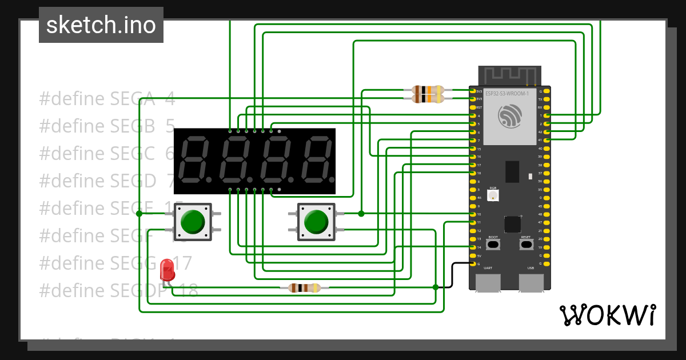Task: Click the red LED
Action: click(x=167, y=269)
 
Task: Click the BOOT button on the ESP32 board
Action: click(x=493, y=245)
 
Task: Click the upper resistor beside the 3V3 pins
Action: click(x=428, y=90)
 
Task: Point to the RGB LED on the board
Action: click(x=493, y=194)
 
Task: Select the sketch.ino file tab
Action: click(x=101, y=25)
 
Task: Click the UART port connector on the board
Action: click(x=488, y=282)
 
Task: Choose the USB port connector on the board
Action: click(x=531, y=282)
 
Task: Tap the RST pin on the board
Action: click(x=472, y=107)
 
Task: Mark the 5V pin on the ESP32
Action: click(x=472, y=255)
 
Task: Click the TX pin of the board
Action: click(x=547, y=99)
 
